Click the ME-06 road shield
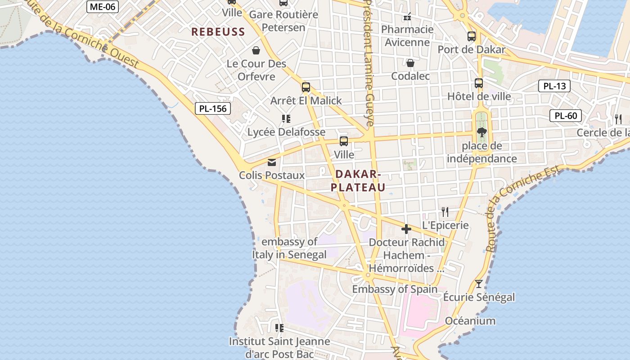pos(103,6)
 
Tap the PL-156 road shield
pos(213,108)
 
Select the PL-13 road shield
pos(554,86)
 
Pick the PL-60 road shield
pos(566,116)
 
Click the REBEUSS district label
pos(218,32)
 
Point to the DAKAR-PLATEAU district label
pos(358,181)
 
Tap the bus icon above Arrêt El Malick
pos(306,87)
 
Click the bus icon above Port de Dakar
pos(472,36)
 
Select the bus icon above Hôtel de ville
pos(479,83)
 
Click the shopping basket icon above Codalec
pos(410,63)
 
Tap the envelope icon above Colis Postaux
pos(272,162)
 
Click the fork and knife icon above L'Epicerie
pos(445,212)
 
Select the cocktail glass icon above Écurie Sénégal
pos(479,284)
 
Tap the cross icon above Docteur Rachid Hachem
pos(406,229)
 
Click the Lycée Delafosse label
pos(286,132)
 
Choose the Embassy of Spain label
pos(395,289)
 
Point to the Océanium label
pos(470,321)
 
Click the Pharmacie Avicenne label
pos(407,36)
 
